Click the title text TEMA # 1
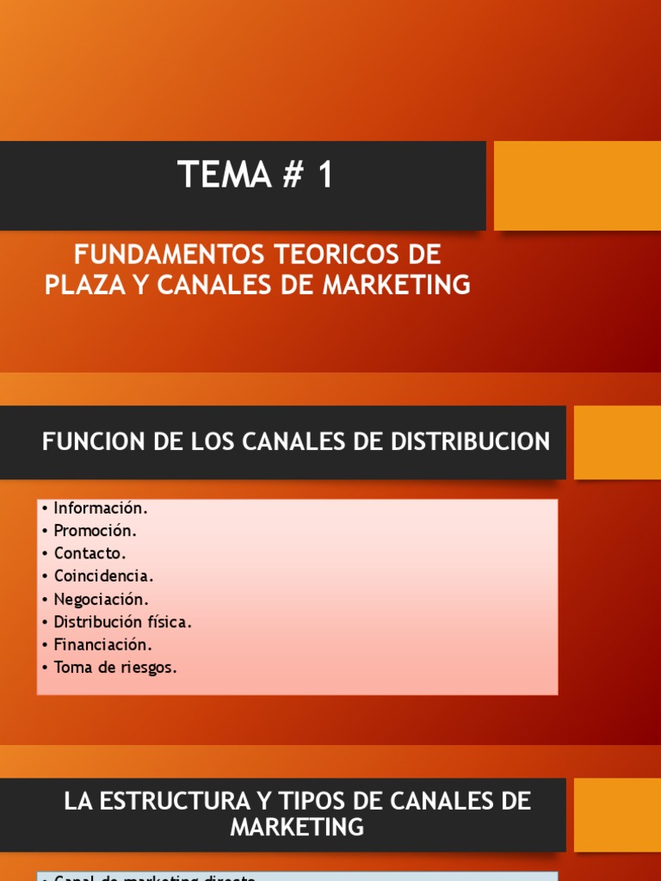pos(255,176)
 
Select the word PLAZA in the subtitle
pos(85,285)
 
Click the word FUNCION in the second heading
pos(83,442)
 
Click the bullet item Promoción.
pos(95,531)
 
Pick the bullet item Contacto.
pos(90,553)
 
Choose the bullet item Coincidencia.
pos(103,576)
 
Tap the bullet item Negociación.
pos(101,599)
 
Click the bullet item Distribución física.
pos(122,621)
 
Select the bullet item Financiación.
pos(102,644)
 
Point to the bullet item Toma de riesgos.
pos(114,666)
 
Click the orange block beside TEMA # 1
pos(578,186)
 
